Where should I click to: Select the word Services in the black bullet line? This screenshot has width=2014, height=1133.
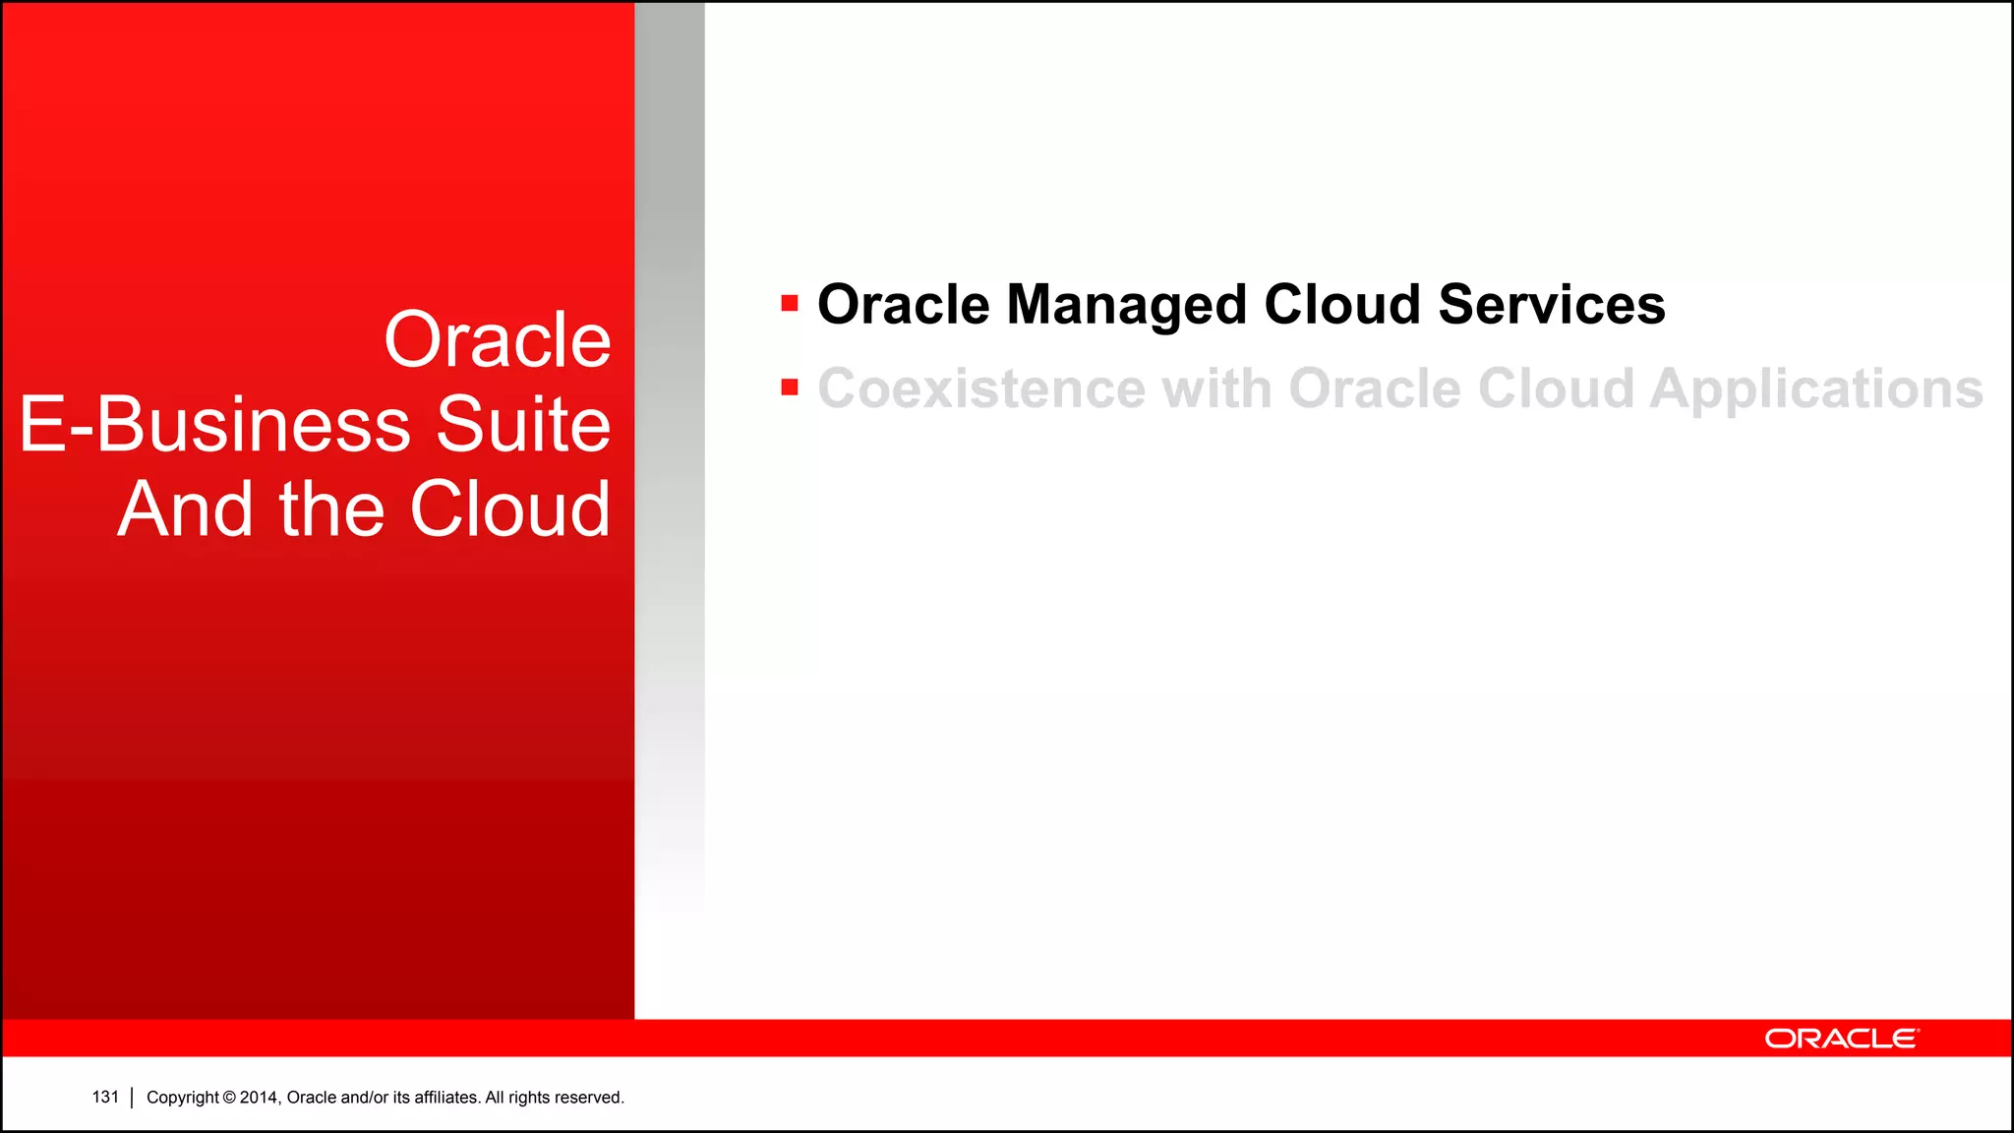[x=1551, y=305]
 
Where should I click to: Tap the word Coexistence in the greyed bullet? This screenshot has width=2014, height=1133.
[x=981, y=388]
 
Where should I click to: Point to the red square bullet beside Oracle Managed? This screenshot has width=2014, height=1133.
[x=789, y=303]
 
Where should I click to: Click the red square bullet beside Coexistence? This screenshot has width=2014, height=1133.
[x=789, y=388]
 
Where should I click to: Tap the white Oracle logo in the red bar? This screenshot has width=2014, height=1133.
[x=1840, y=1039]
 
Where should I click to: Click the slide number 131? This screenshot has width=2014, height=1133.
[x=105, y=1097]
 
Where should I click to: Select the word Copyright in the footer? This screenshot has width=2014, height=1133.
[x=182, y=1098]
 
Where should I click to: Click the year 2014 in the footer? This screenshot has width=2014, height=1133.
[x=260, y=1098]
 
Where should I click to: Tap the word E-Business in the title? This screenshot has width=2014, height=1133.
[x=214, y=425]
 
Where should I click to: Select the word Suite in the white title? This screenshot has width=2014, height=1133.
[x=523, y=425]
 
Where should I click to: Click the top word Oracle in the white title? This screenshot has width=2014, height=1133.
[x=498, y=340]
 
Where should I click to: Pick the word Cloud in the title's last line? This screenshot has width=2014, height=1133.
[x=509, y=509]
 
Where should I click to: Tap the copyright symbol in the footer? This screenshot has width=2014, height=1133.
[x=229, y=1098]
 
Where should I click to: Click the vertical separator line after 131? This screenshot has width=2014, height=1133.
[x=132, y=1098]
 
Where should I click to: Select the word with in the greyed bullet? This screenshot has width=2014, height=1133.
[x=1216, y=388]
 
